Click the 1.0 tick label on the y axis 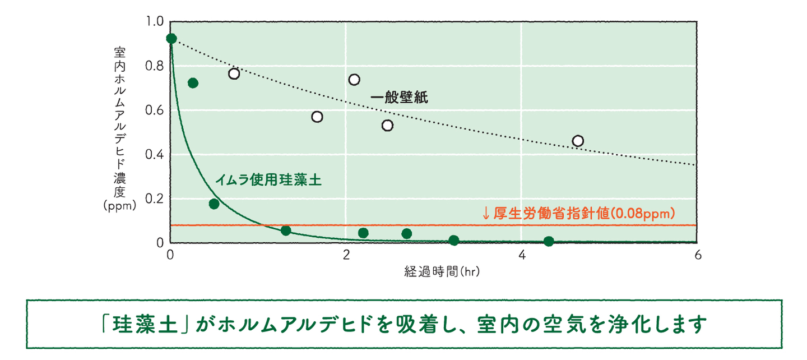(x=154, y=21)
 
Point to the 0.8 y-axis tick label (x=154, y=66)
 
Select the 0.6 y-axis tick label (x=154, y=110)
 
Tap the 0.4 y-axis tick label (x=154, y=154)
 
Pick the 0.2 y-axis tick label (x=154, y=199)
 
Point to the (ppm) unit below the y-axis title (x=119, y=205)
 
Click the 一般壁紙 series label (x=399, y=98)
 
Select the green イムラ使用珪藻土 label (x=268, y=180)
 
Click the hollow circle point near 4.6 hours (x=578, y=141)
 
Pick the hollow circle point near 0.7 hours (x=234, y=73)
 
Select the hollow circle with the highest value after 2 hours (x=354, y=80)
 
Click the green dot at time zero (x=171, y=39)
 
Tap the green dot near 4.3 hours (x=549, y=241)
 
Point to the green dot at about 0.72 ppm (x=193, y=83)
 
